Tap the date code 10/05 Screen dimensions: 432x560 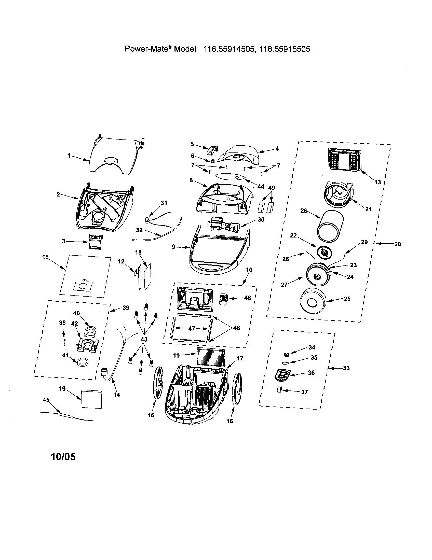point(64,457)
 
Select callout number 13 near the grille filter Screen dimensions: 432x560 point(377,182)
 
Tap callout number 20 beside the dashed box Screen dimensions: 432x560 point(397,244)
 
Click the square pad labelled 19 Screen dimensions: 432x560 point(91,399)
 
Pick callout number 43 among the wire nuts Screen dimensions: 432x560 point(144,339)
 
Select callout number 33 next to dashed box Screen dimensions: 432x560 point(346,368)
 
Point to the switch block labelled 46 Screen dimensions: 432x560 point(224,299)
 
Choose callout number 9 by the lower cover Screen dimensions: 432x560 point(173,247)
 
